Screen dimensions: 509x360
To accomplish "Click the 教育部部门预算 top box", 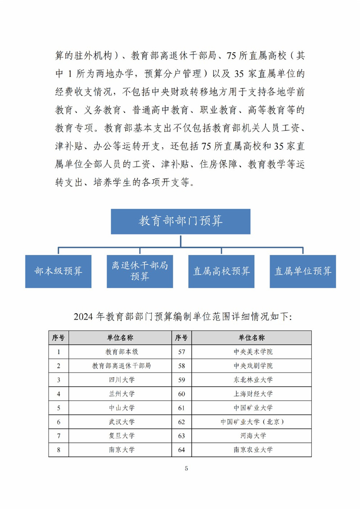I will pyautogui.click(x=180, y=221).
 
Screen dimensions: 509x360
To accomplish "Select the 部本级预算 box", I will pyautogui.click(x=58, y=271).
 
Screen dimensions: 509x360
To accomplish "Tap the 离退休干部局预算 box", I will pyautogui.click(x=139, y=271).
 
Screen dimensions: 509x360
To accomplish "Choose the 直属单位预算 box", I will pyautogui.click(x=303, y=271).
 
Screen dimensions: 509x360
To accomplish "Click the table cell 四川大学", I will pyautogui.click(x=121, y=380).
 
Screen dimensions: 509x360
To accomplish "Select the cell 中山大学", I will pyautogui.click(x=121, y=408).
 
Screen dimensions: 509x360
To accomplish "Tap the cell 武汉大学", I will pyautogui.click(x=121, y=422).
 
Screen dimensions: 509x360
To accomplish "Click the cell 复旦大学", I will pyautogui.click(x=121, y=436).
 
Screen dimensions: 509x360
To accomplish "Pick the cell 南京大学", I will pyautogui.click(x=121, y=450).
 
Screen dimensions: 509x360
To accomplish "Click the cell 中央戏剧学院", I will pyautogui.click(x=253, y=365).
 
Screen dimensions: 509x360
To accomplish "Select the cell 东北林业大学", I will pyautogui.click(x=253, y=380).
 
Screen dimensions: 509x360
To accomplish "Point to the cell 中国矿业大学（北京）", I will pyautogui.click(x=253, y=422).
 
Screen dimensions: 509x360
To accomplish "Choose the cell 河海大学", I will pyautogui.click(x=253, y=436).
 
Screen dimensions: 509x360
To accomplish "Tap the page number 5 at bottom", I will pyautogui.click(x=186, y=469).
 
